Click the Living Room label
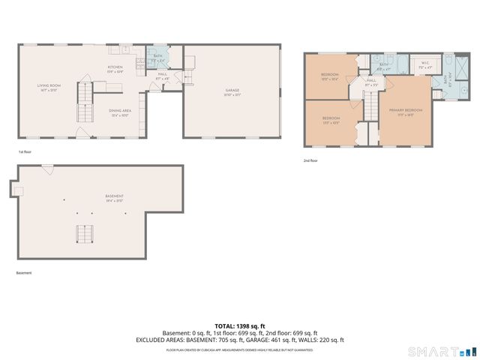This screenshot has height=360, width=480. (x=49, y=87)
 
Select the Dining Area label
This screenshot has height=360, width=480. (x=120, y=112)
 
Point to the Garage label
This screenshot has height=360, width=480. (x=232, y=92)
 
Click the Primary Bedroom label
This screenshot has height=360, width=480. (x=405, y=112)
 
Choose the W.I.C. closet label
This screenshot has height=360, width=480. (x=424, y=65)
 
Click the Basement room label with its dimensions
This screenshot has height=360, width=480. (x=115, y=198)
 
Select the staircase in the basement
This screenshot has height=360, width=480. (x=84, y=235)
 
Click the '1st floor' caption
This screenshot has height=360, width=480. (x=25, y=152)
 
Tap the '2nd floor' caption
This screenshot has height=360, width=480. (x=310, y=160)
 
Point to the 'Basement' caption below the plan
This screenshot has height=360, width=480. (x=24, y=273)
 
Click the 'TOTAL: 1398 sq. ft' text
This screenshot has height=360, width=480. (x=240, y=326)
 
